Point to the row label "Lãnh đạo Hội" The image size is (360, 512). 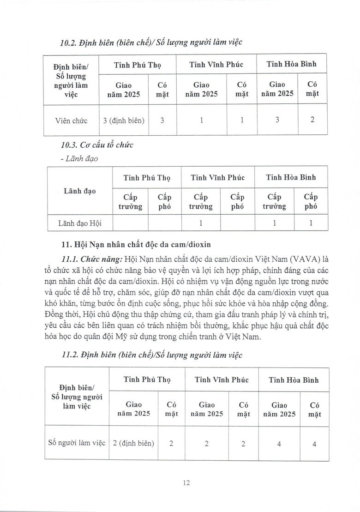point(79,223)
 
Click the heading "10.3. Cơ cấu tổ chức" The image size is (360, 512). point(97,145)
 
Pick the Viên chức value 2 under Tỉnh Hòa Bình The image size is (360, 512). point(313,120)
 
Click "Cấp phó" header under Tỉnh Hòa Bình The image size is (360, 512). point(310,202)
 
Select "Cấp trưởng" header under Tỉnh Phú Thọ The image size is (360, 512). point(130,202)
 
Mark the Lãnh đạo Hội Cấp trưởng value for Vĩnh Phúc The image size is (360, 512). point(201,223)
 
